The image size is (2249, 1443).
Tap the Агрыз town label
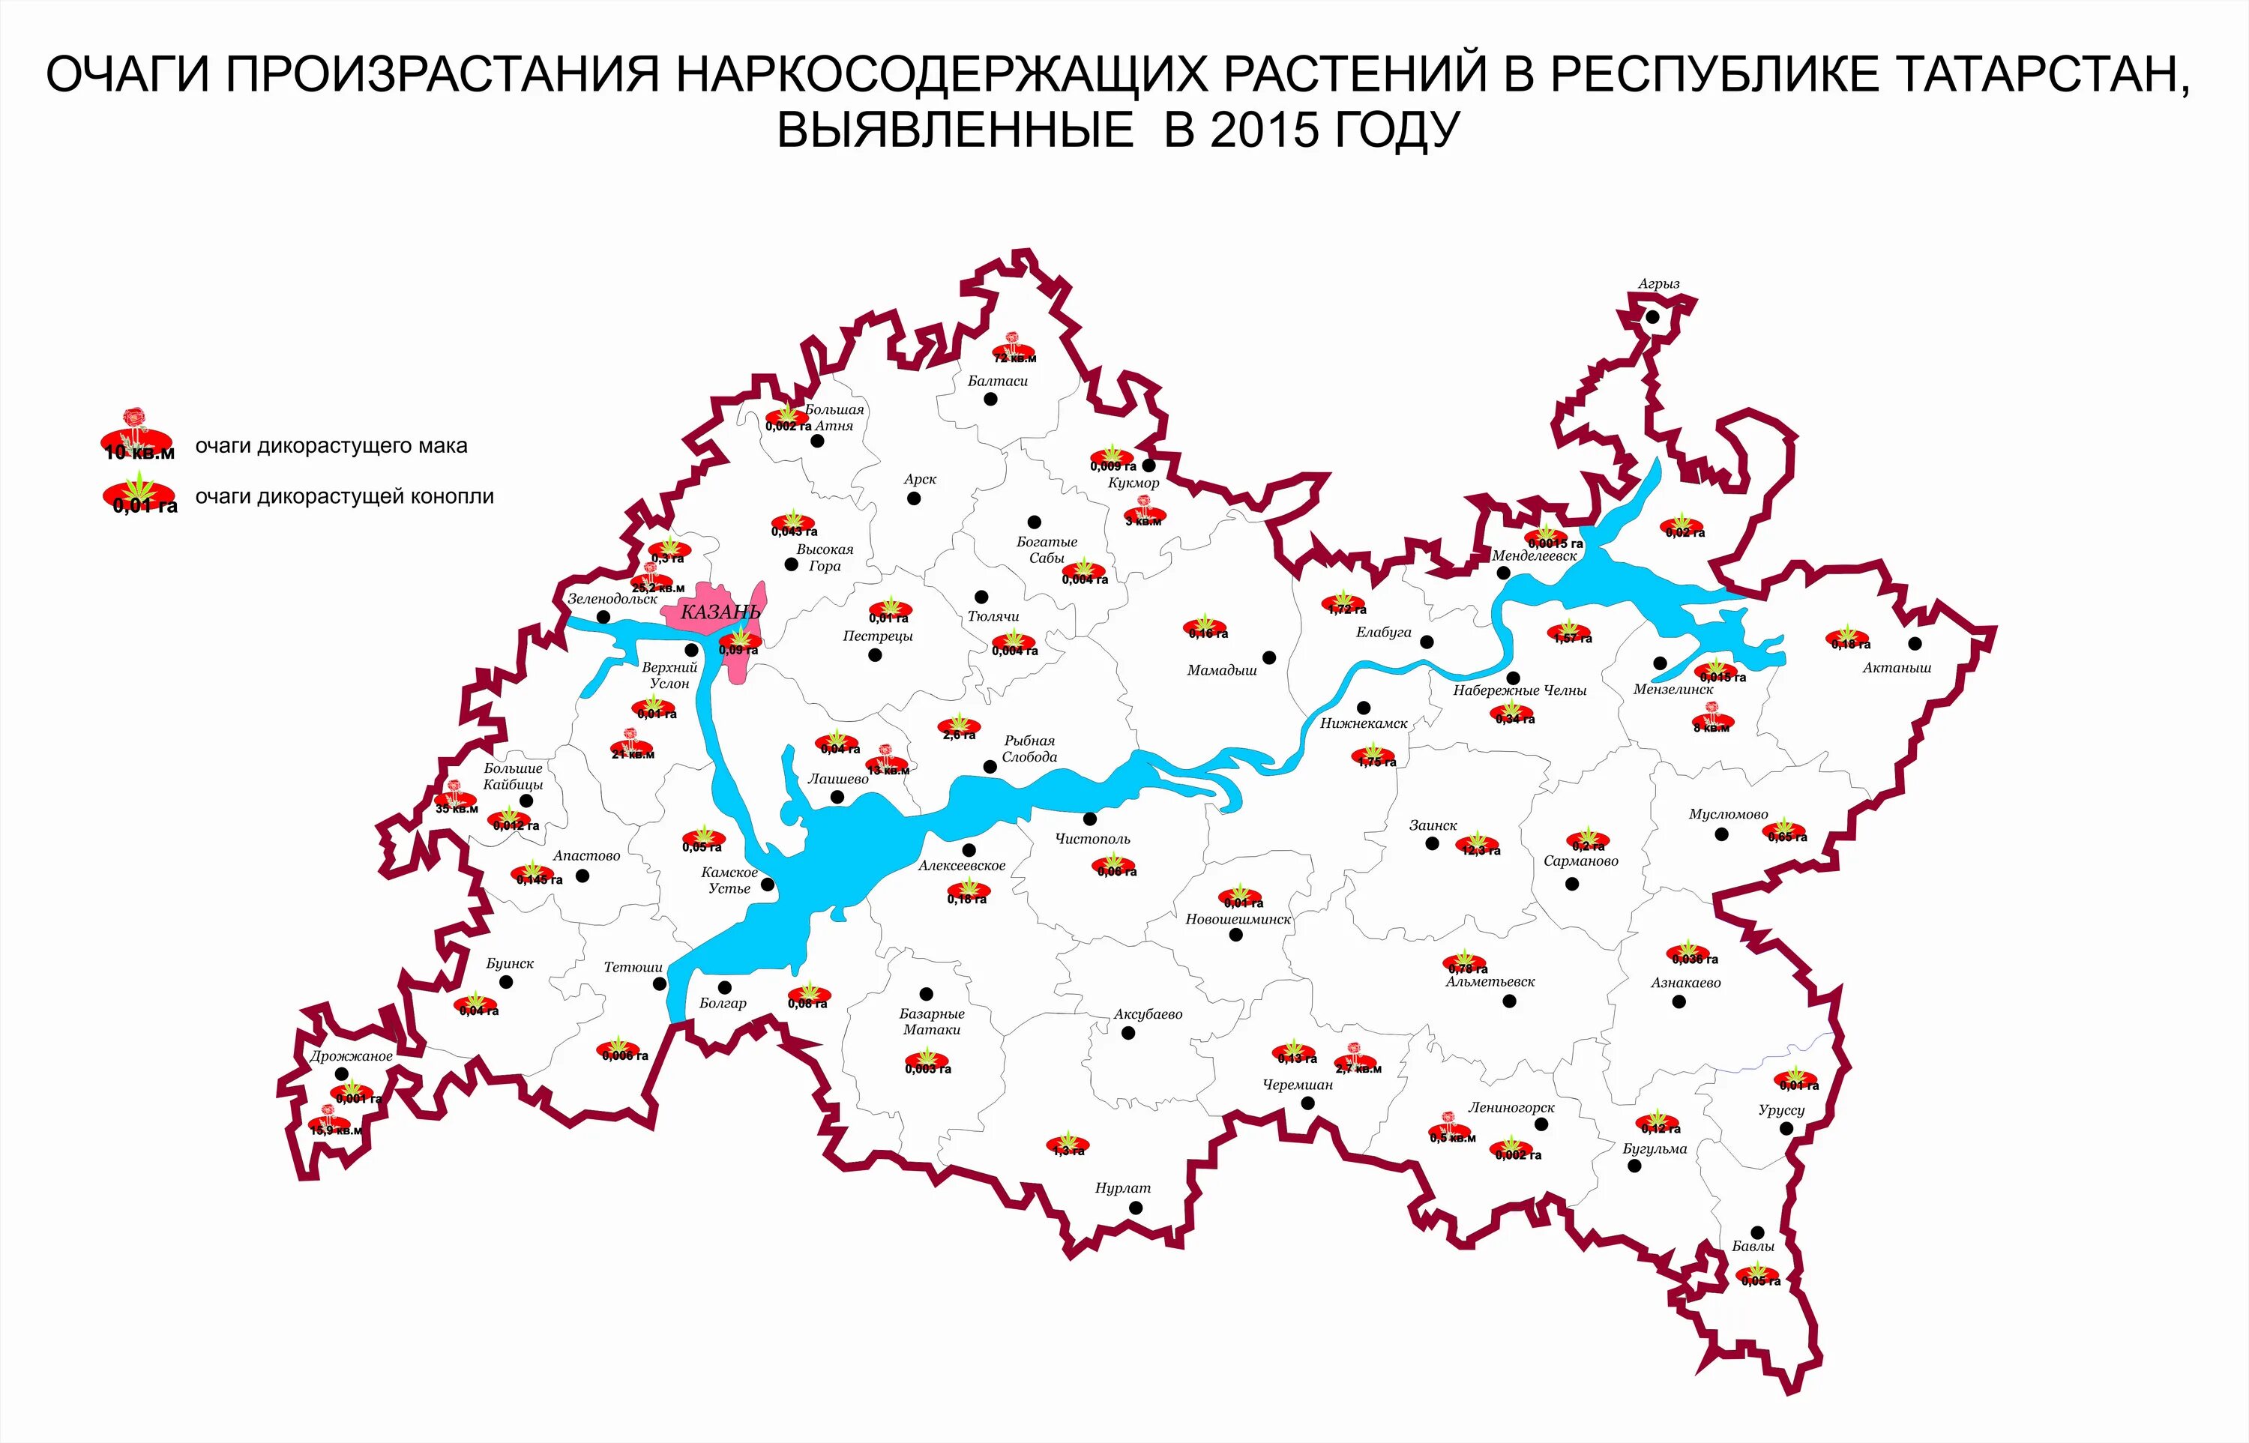[x=1658, y=284]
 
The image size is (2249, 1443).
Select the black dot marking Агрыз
[x=1652, y=316]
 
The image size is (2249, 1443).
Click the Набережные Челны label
[x=1520, y=690]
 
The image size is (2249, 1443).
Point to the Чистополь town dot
[x=1090, y=819]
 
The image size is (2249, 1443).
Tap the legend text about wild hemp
[x=344, y=496]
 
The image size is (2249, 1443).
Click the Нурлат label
[x=1123, y=1188]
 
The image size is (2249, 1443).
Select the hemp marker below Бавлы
[x=1758, y=1275]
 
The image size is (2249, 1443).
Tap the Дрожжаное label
[x=352, y=1056]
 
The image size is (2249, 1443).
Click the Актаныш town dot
[x=1915, y=644]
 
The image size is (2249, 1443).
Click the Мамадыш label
[x=1221, y=671]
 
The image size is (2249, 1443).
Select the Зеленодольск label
[x=613, y=599]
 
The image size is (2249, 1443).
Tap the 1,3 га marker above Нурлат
[x=1068, y=1145]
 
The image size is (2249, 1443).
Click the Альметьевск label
[x=1490, y=982]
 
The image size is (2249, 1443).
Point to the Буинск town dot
[x=506, y=982]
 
